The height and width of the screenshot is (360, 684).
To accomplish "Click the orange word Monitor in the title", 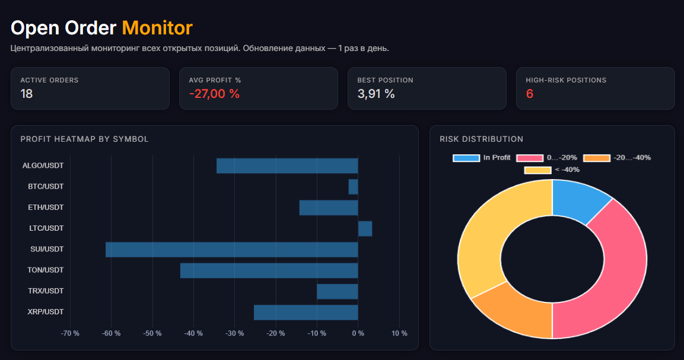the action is pos(157,28).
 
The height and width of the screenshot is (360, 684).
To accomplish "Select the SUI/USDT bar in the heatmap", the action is pos(231,250).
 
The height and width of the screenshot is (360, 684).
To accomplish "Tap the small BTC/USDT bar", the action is pos(354,187).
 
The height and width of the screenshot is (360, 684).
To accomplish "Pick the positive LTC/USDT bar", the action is pos(365,229).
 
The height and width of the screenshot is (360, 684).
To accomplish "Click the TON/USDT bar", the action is pos(269,270).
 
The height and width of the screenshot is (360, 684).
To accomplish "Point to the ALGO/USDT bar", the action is pos(287,166).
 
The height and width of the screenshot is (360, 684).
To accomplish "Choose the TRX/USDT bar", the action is pos(337,291).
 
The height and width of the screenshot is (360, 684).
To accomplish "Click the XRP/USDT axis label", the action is pos(45,312).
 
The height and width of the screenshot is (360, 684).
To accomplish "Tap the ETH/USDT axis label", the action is pos(46,207).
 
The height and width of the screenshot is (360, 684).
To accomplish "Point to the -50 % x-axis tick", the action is pos(152,333).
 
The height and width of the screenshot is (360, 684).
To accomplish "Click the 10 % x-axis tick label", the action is pos(399,333).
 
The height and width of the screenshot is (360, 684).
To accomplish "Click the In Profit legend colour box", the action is pos(466,158).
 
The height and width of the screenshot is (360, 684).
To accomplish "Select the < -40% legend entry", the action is pos(552,170).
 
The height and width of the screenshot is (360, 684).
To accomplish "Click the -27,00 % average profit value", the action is pos(214,94).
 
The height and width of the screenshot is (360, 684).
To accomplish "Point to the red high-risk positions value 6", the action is pos(530,94).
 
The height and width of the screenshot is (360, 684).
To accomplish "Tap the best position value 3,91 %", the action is pos(376,94).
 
